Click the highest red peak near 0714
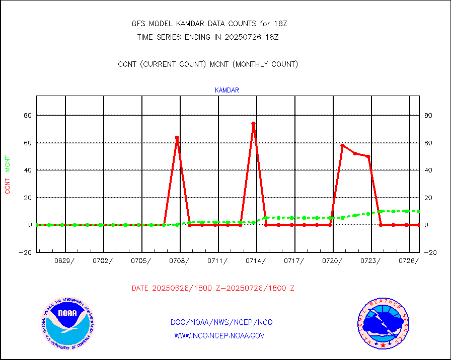coord(253,123)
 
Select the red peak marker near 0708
coord(177,137)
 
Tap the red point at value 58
coord(342,146)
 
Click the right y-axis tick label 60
coord(428,143)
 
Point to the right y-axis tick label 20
coord(428,198)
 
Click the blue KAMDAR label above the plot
coord(227,91)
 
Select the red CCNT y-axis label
coord(8,186)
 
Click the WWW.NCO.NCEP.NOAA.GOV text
coord(219,335)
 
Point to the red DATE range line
coord(213,288)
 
